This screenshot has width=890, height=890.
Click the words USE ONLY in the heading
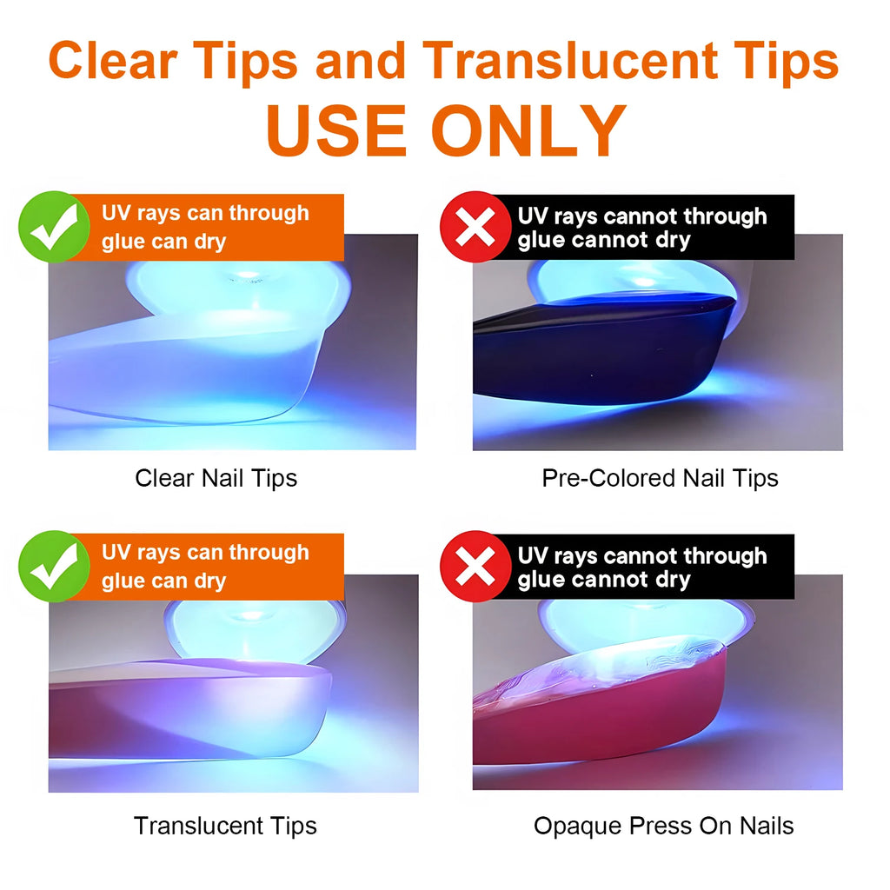coord(445,130)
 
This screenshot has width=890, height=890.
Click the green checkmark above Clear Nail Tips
coord(54,227)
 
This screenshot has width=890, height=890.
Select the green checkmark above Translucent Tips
coord(54,566)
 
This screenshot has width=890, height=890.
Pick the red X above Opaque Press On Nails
coord(475,567)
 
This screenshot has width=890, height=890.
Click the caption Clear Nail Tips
coord(216,477)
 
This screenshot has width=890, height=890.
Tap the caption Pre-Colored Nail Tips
coord(660,477)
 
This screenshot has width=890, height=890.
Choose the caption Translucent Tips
coord(225,825)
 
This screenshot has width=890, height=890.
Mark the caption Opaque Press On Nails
coord(663,825)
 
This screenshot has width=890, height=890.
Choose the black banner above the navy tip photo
coord(643,228)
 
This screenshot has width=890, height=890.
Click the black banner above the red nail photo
coord(643,567)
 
